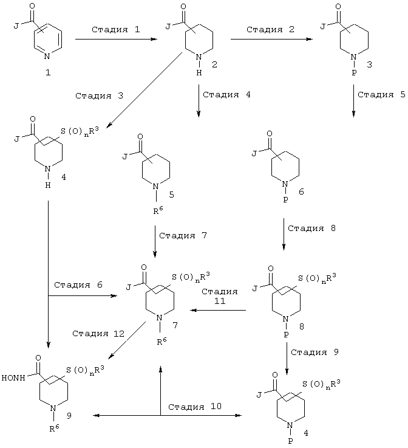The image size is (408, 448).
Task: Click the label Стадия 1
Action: point(115,29)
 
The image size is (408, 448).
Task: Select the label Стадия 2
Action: point(270,29)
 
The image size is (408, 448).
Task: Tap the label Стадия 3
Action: point(99,95)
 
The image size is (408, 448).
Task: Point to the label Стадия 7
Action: point(183,235)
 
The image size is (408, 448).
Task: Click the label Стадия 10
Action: point(195,407)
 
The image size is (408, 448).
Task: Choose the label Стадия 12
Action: point(98,334)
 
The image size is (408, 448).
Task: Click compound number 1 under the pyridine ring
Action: point(48,72)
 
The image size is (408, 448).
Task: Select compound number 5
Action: point(171,195)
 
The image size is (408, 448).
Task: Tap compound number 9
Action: point(69,416)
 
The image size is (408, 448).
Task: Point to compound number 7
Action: point(175,325)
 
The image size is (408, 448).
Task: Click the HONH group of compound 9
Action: point(13,377)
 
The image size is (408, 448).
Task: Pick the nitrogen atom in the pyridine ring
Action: point(47,57)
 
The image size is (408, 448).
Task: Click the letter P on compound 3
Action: point(354,73)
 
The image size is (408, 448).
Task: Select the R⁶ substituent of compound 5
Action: point(158,211)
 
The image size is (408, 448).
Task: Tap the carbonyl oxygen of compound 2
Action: point(183,7)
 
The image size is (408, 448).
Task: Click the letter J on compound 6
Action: point(254,154)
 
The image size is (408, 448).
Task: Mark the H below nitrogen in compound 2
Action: point(199,73)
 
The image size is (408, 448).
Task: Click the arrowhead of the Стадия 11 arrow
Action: point(194,310)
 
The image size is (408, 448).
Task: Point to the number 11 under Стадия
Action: point(220,301)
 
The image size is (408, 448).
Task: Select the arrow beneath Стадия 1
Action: point(116,39)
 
